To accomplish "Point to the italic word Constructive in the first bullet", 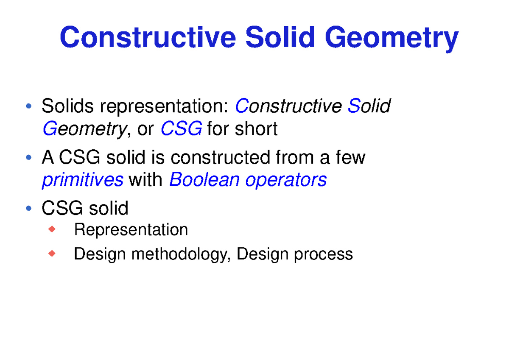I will tap(288, 106).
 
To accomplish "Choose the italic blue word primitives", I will tap(82, 180).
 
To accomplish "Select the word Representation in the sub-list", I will tap(131, 230).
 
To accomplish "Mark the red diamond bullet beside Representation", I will tap(52, 229).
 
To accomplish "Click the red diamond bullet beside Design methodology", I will tap(52, 254).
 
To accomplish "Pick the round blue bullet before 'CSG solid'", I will tap(28, 208).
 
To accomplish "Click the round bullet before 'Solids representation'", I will tap(28, 106).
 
